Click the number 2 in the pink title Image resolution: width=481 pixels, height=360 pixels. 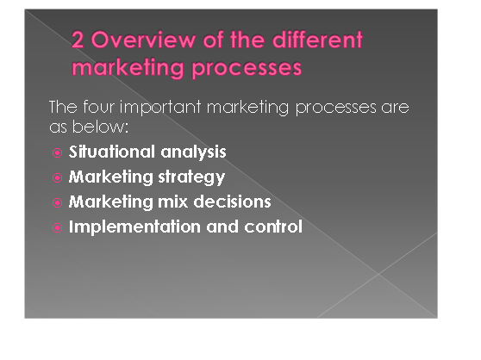[x=78, y=40]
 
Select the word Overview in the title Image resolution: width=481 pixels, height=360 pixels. [x=143, y=40]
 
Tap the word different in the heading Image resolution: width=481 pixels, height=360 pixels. [x=317, y=40]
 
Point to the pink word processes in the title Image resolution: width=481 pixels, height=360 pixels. [x=247, y=68]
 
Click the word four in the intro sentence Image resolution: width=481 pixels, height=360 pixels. [x=99, y=107]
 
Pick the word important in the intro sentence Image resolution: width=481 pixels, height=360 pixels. [x=160, y=108]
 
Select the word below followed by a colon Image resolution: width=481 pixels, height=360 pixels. [x=100, y=126]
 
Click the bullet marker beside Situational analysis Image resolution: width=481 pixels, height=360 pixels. [x=58, y=152]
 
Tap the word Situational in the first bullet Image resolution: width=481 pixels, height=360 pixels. [x=112, y=152]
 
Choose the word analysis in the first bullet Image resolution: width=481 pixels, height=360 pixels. [x=193, y=152]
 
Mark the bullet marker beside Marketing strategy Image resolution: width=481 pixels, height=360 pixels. [x=58, y=177]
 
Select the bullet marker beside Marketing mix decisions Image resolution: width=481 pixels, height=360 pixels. [x=58, y=203]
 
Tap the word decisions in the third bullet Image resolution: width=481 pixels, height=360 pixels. [x=232, y=202]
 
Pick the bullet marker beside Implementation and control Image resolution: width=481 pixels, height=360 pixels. [x=58, y=228]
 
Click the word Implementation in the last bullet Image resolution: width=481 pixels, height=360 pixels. [x=134, y=227]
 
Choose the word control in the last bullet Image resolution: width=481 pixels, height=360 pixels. [x=273, y=227]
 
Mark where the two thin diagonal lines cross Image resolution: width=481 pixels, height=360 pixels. [x=378, y=274]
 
